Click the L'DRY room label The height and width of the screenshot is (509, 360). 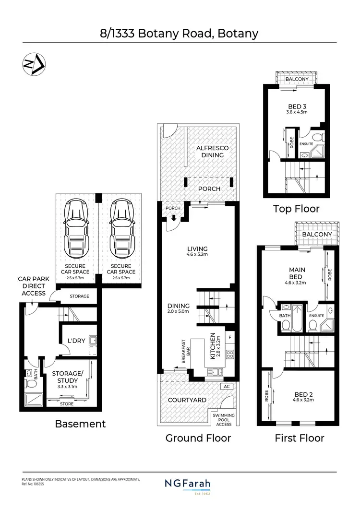point(76,341)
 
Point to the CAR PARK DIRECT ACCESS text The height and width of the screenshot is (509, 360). point(32,286)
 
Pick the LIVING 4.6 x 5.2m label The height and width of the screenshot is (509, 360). point(197,251)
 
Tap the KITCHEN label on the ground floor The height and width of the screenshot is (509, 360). point(212,347)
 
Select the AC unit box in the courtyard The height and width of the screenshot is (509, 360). point(226,386)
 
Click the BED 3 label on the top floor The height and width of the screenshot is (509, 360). point(297,108)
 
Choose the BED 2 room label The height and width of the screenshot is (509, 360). point(303,398)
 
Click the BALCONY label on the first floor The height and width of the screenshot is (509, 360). point(317,234)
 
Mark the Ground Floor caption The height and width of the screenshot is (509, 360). point(198,438)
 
